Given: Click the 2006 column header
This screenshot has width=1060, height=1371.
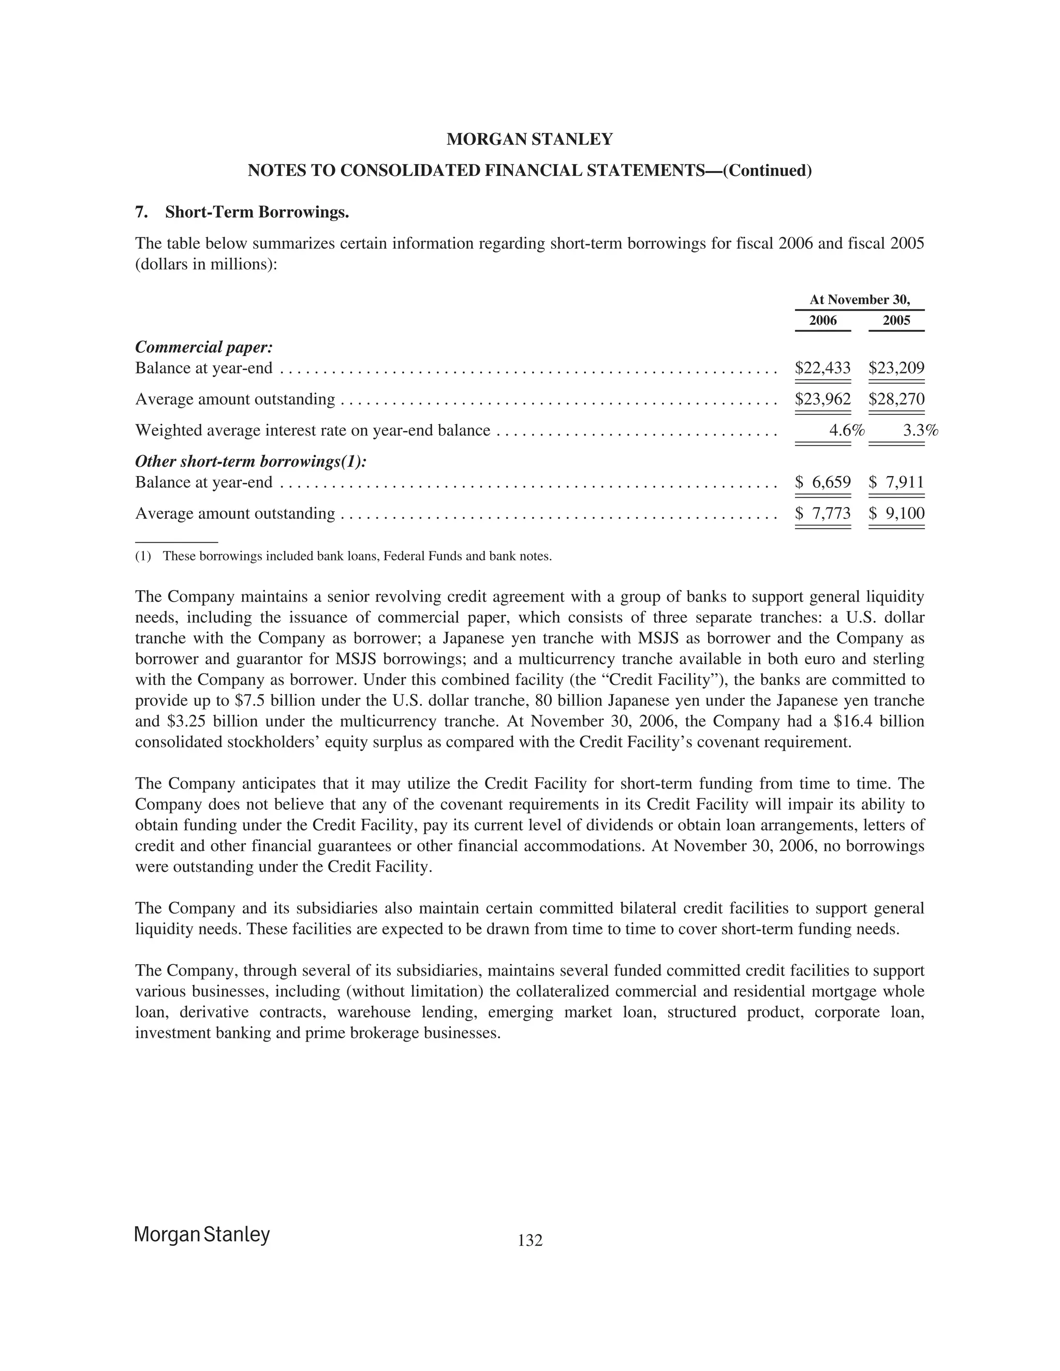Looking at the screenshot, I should [x=822, y=321].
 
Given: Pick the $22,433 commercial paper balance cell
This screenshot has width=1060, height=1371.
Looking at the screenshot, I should [x=822, y=368].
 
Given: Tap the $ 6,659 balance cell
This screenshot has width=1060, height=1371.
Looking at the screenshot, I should [x=822, y=482].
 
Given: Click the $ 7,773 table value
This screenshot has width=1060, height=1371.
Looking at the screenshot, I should [x=822, y=514].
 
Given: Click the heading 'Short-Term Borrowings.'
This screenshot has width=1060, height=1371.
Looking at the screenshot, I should [x=257, y=212].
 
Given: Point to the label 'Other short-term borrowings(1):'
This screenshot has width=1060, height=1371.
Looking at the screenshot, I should [x=251, y=461].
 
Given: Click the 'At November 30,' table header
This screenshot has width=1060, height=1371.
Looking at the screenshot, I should [x=859, y=300].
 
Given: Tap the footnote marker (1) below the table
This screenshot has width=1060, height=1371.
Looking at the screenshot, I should [x=143, y=556].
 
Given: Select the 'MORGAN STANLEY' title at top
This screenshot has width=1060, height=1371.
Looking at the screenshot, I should [x=529, y=139].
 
